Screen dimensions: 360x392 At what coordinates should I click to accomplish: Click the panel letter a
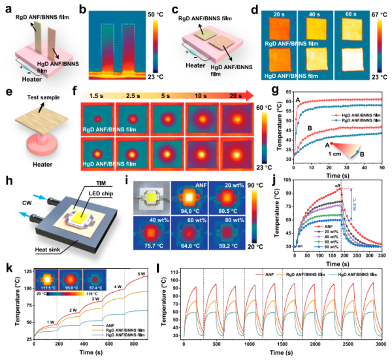click(x=5, y=6)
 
